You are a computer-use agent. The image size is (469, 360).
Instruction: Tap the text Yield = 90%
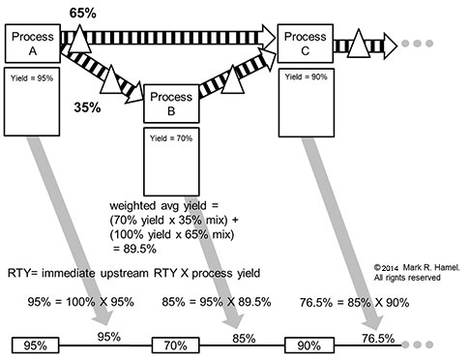(x=306, y=75)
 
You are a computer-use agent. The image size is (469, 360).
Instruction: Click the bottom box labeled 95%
(x=34, y=345)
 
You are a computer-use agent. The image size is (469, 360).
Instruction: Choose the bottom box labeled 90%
(x=308, y=345)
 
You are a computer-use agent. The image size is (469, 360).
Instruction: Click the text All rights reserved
(x=406, y=278)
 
